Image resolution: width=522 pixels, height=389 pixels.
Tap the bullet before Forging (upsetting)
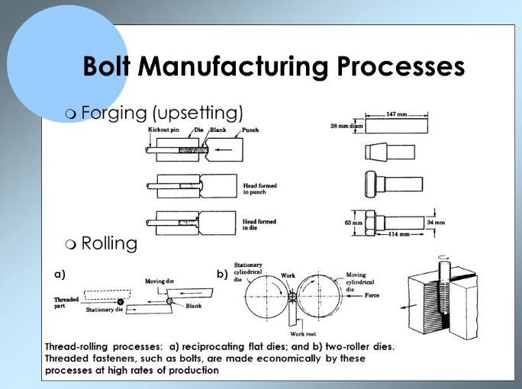[71, 114]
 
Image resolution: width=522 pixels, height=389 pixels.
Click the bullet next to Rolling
[71, 245]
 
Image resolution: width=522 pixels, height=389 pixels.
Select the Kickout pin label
[163, 130]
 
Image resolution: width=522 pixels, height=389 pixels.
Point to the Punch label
[250, 130]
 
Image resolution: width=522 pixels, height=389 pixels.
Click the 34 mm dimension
[435, 223]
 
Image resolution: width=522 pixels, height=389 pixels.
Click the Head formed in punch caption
[259, 188]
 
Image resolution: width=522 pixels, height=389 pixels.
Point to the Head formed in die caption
[259, 223]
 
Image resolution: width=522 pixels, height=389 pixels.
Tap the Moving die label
[159, 281]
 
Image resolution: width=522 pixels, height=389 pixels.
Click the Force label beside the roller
[372, 295]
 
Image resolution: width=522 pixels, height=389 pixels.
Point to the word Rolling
[109, 244]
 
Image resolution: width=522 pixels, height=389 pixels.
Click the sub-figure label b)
[221, 273]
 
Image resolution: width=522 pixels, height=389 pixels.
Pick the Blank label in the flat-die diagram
[194, 306]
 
